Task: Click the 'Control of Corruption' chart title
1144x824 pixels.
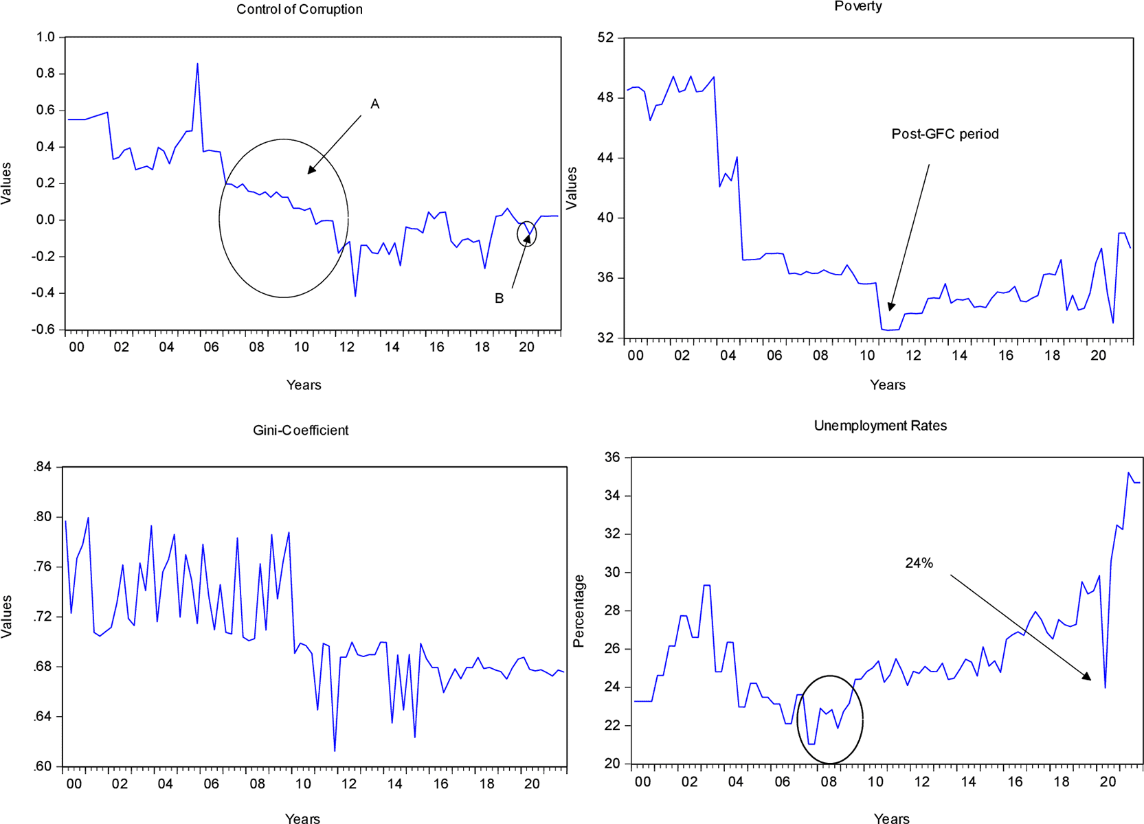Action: (x=299, y=10)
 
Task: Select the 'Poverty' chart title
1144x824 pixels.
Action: (x=857, y=7)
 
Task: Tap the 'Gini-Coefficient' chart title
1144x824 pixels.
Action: (x=300, y=431)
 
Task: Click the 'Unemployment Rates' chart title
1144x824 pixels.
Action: (x=880, y=426)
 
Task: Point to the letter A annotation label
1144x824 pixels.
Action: (x=375, y=104)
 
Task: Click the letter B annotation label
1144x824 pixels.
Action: (x=500, y=299)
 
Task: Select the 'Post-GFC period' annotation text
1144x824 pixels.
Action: (x=945, y=134)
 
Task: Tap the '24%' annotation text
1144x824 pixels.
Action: (x=919, y=563)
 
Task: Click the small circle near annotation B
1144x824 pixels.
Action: (x=527, y=234)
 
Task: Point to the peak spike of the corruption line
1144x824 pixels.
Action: (x=198, y=65)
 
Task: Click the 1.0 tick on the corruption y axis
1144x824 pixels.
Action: (x=45, y=37)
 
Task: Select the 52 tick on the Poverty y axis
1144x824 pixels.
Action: (x=605, y=37)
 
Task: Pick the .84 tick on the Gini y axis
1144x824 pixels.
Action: (x=43, y=467)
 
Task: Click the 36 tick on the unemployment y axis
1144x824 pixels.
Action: (x=612, y=457)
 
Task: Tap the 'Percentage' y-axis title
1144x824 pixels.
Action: (x=579, y=611)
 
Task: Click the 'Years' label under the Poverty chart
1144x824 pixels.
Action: (x=887, y=385)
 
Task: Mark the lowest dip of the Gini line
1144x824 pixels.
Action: (x=335, y=751)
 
